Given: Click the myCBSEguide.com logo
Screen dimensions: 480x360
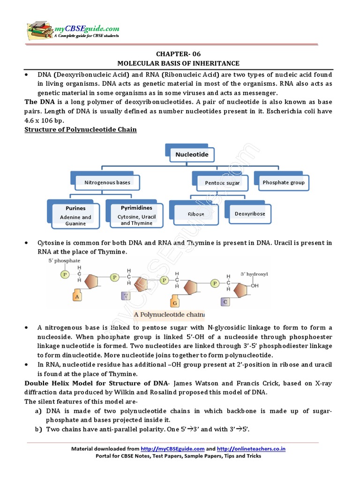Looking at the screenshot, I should click(x=73, y=29).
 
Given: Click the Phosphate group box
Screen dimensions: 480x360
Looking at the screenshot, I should click(x=283, y=182).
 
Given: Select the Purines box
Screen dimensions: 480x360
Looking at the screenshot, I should click(x=75, y=215).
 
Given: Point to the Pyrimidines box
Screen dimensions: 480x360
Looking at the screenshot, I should click(x=136, y=214).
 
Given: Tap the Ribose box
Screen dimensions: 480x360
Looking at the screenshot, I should click(x=196, y=214).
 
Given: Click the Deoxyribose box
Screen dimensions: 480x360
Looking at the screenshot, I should click(x=250, y=213).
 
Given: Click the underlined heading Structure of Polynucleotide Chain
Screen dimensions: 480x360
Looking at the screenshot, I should click(x=81, y=129).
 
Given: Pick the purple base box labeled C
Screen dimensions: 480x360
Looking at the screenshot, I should click(x=225, y=301).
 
